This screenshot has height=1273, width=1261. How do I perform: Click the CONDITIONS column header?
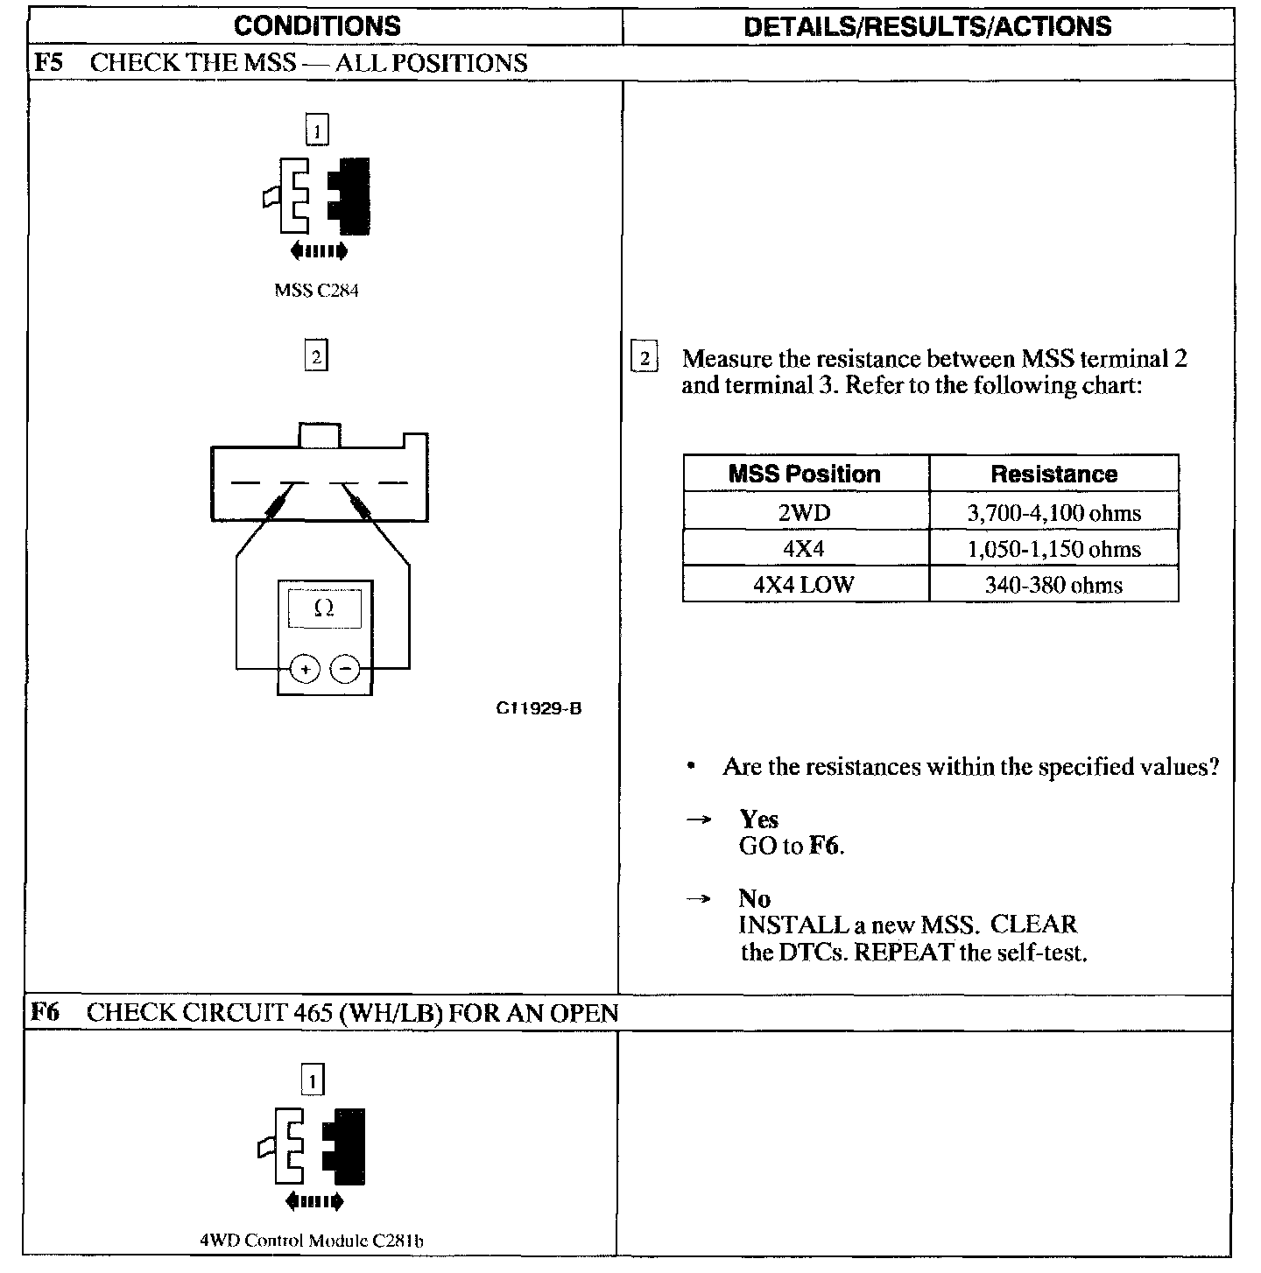click(317, 25)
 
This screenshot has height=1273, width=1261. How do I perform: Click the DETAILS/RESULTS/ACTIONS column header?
click(927, 26)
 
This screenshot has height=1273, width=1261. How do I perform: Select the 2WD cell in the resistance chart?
click(804, 512)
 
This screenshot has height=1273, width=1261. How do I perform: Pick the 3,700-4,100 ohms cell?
click(1053, 512)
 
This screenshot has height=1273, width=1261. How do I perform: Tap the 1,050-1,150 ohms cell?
click(1053, 549)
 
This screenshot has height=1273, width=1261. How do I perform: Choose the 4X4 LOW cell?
click(804, 585)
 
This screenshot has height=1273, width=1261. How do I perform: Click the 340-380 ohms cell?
click(1053, 585)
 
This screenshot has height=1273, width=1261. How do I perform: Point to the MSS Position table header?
click(804, 475)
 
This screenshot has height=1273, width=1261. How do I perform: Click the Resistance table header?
click(1053, 475)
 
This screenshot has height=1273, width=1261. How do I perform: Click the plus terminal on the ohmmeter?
click(305, 670)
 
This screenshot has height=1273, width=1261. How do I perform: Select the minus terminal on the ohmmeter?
click(346, 670)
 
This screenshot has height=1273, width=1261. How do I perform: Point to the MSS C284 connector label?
click(316, 291)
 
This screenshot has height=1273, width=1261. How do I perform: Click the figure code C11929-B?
click(539, 708)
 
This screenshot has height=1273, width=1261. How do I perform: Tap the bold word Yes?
click(758, 819)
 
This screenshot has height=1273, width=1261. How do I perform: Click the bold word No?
click(754, 899)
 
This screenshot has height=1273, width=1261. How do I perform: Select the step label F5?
click(47, 63)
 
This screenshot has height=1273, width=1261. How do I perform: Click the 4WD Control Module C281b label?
click(313, 1240)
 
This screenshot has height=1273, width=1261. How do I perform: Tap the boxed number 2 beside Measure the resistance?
click(645, 359)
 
